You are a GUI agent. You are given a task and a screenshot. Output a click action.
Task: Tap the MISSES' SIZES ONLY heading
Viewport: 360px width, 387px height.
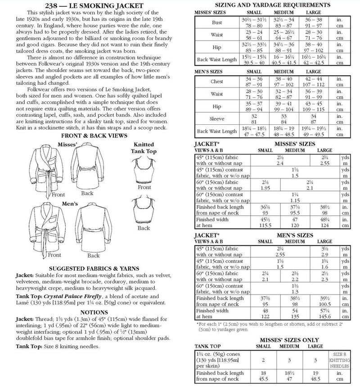pyautogui.click(x=274, y=340)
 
